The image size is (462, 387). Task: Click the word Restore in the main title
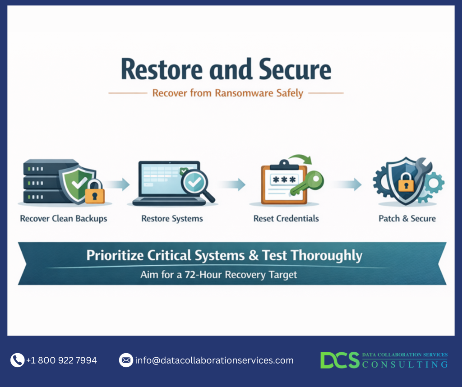click(160, 70)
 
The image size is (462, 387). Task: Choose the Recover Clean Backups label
click(64, 219)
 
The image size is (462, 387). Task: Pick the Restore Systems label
click(172, 219)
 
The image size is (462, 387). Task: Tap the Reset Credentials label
click(286, 219)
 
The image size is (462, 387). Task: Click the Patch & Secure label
click(407, 219)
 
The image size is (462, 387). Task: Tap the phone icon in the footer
click(17, 360)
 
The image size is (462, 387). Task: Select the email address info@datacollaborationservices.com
click(214, 360)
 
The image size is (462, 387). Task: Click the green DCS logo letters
click(340, 360)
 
